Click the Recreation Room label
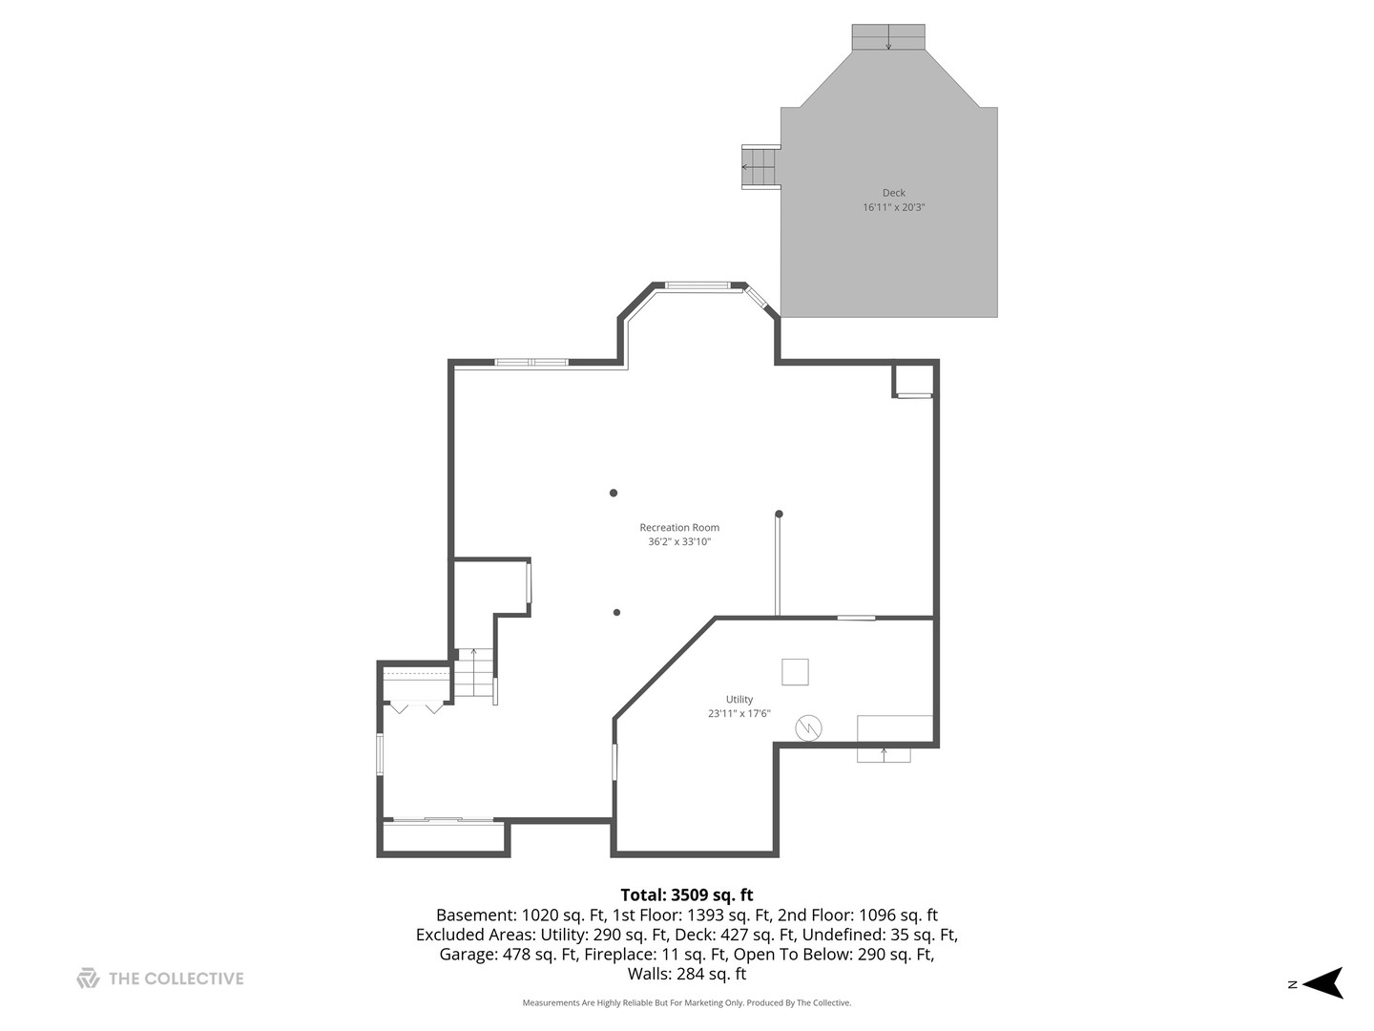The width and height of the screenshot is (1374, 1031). click(679, 527)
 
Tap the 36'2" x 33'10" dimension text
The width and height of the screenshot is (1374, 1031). click(679, 542)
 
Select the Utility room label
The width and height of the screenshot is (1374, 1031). click(739, 699)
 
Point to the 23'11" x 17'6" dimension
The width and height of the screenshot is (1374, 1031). click(739, 713)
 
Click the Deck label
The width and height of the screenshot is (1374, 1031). click(893, 193)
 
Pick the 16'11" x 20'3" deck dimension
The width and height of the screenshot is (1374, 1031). click(893, 207)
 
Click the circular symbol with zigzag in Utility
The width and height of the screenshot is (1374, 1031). click(809, 728)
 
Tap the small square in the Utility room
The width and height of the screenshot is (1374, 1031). click(795, 672)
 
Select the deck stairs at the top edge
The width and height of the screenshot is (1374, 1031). click(888, 37)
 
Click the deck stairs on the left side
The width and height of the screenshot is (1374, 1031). click(760, 167)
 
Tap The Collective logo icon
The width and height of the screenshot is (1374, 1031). click(88, 978)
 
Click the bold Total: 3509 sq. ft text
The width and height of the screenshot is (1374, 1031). click(686, 894)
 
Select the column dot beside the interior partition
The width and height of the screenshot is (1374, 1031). click(779, 515)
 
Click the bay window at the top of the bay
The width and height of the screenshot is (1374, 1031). click(697, 284)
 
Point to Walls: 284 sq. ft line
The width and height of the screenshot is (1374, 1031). click(686, 974)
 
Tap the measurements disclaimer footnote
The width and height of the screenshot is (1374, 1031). click(686, 1003)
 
